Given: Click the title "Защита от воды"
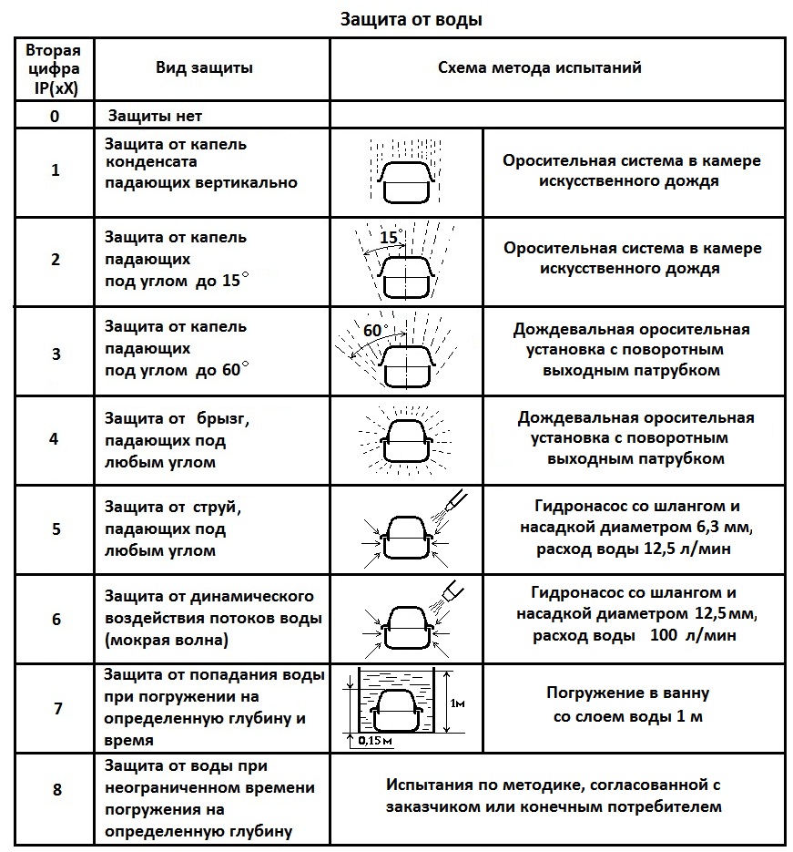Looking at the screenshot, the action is [x=411, y=19].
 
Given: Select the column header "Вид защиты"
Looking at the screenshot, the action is [x=204, y=68].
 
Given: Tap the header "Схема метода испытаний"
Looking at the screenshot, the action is [x=540, y=67].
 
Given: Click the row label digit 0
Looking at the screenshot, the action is [x=55, y=117].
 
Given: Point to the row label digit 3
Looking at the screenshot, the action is [x=56, y=354].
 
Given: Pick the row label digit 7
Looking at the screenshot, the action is [x=58, y=709].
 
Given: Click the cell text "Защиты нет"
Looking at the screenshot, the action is [x=155, y=116].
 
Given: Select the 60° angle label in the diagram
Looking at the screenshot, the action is [x=375, y=330].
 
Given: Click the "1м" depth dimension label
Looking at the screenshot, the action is [x=458, y=703].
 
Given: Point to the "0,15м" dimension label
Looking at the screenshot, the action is [x=375, y=740].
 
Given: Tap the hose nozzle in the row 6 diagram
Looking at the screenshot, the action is [x=453, y=590].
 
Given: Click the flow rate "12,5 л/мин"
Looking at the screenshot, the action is [x=686, y=549].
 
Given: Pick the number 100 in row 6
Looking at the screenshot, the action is [x=664, y=634].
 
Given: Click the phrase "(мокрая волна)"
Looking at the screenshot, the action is [x=166, y=640].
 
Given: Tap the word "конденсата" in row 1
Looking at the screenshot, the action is [x=151, y=162].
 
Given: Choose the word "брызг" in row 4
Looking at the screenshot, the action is [x=223, y=419].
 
